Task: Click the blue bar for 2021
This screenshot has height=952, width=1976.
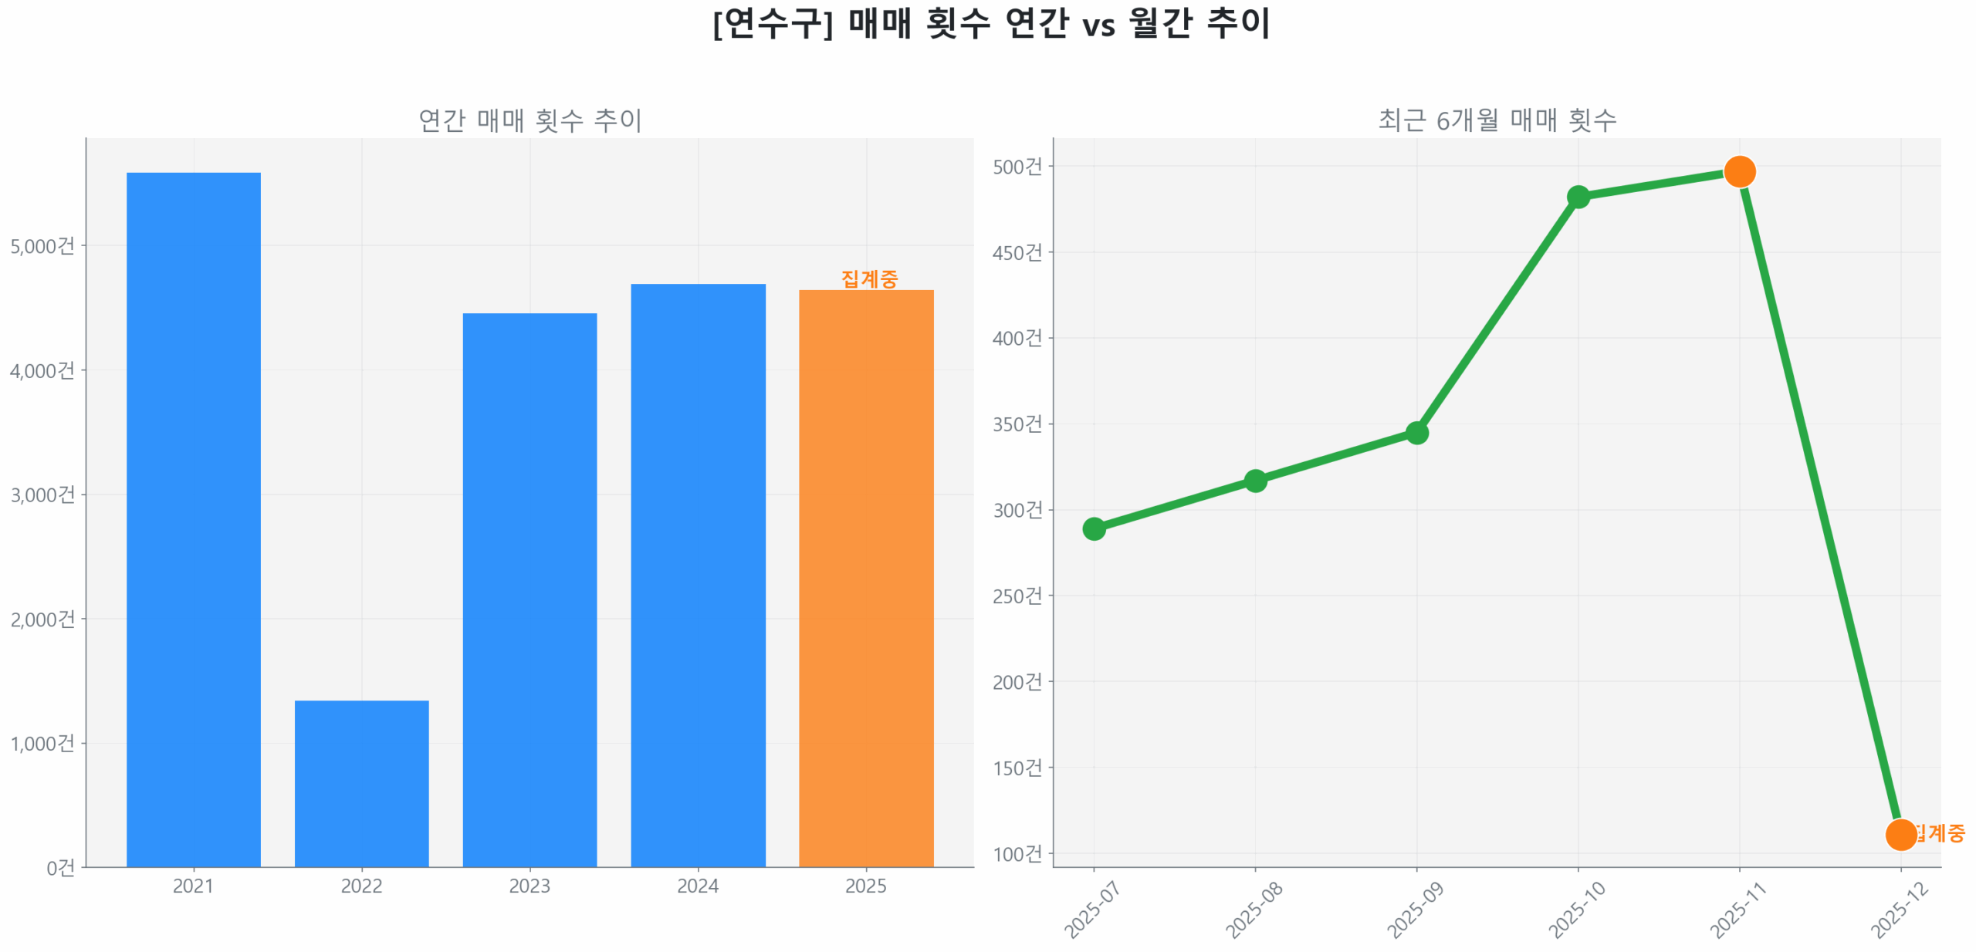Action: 193,518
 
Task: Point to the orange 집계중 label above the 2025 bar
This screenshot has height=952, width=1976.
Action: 869,278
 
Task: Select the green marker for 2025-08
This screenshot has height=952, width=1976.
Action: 1254,480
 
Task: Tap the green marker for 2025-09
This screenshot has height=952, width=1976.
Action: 1416,432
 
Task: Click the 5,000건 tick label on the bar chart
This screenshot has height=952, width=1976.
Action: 42,245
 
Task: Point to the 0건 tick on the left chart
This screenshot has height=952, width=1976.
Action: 60,867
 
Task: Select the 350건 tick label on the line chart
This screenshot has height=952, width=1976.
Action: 1017,424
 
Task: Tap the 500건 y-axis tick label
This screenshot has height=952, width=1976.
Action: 1017,166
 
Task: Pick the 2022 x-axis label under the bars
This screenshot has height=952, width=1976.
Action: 361,885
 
